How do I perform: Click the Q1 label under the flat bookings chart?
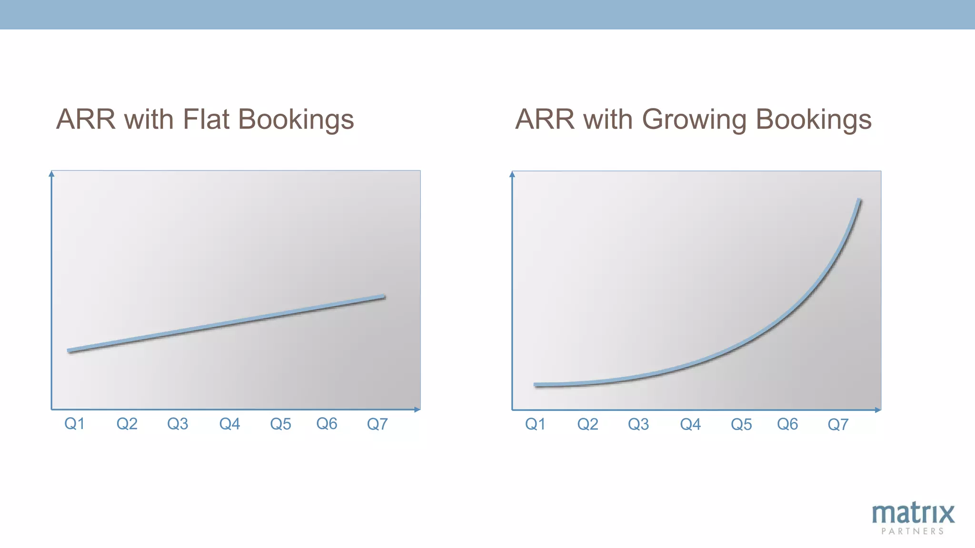[x=74, y=423]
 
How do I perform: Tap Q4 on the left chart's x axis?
[x=229, y=423]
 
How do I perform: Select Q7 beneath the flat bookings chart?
[x=377, y=423]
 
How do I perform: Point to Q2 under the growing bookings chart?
[x=587, y=424]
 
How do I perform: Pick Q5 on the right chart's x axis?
[x=741, y=424]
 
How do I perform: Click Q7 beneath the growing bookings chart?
[x=838, y=424]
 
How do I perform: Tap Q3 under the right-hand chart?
[x=638, y=424]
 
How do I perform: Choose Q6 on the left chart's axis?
[x=327, y=423]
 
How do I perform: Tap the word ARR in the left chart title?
[x=86, y=119]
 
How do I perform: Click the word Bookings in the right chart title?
[x=814, y=120]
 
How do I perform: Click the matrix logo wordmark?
[x=913, y=514]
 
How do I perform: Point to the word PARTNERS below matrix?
[x=913, y=531]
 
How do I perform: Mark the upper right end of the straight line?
[x=384, y=297]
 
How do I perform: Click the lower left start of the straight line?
[x=70, y=351]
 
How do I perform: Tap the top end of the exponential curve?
[x=860, y=200]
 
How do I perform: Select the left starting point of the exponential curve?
[x=536, y=384]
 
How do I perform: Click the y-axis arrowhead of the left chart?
[x=51, y=174]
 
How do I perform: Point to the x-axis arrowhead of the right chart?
[x=878, y=410]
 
